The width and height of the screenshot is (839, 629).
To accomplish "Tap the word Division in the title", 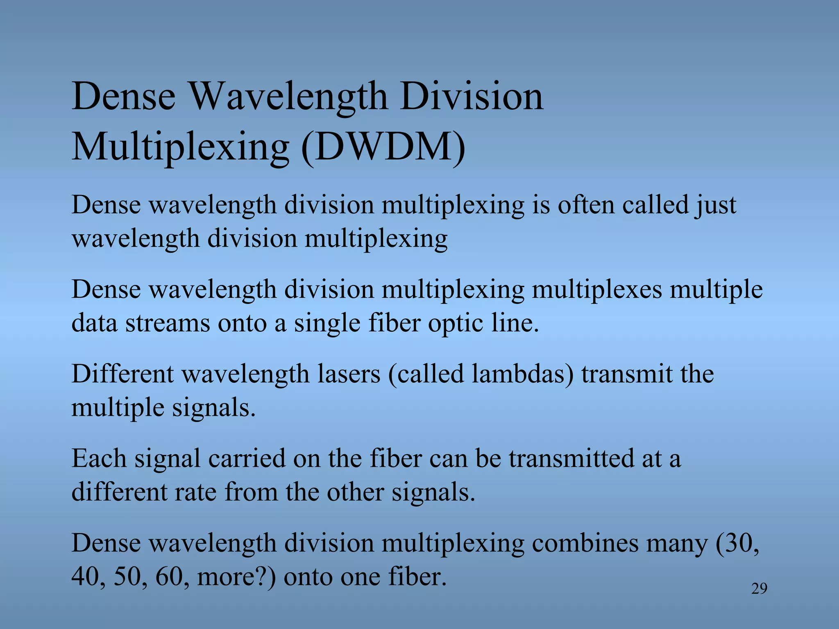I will click(x=472, y=97).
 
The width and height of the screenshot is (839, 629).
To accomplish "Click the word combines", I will click(x=582, y=543).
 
